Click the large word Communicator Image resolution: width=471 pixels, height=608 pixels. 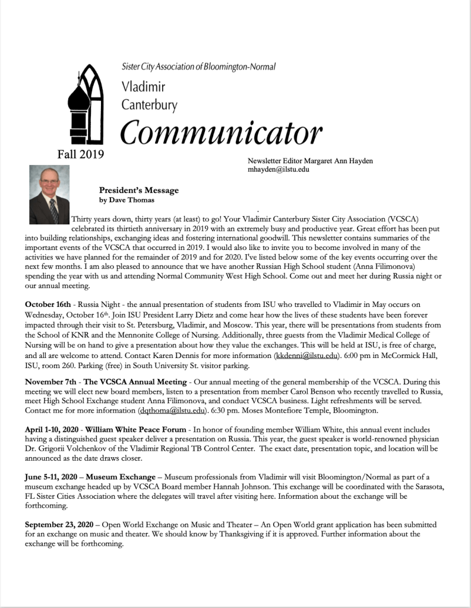coord(221,132)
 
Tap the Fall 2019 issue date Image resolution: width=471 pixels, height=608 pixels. coord(81,154)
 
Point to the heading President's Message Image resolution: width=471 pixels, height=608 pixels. coord(139,191)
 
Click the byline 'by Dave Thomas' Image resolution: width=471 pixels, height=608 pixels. coord(124,200)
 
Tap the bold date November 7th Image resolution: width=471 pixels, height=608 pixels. coord(53,379)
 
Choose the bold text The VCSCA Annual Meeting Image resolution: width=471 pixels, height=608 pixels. coord(137,379)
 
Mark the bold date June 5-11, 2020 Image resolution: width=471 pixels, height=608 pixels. coord(53,476)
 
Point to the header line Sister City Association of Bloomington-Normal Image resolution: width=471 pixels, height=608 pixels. coord(198,67)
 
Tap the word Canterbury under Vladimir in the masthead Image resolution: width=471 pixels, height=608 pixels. coord(149,105)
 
